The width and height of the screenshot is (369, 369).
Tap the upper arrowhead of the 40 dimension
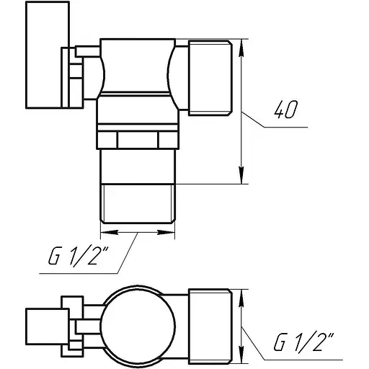coord(241,45)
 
